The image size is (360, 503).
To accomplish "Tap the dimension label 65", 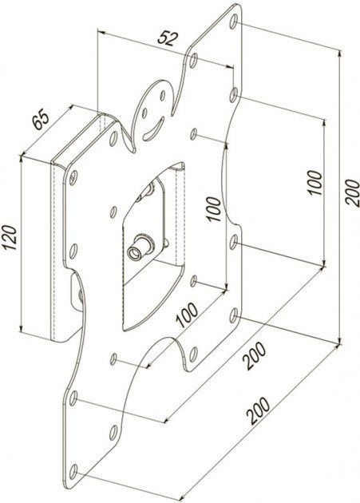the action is coord(42,119).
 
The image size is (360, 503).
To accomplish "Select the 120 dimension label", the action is coord(9,238).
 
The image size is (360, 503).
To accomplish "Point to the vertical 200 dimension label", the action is coord(352,192).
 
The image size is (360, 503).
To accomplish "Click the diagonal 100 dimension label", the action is coord(188,315).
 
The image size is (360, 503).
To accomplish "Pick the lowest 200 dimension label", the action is coord(258,411).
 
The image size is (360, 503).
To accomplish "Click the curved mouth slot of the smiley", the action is coord(154,129).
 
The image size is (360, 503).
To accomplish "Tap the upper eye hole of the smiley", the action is coord(163,95).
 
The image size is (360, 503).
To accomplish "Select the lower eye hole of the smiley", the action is coord(144,113).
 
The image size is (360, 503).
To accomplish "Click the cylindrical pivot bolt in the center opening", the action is coord(140,248).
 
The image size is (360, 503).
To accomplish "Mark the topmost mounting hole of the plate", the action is coord(234,22).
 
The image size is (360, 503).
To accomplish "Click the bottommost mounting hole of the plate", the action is coord(73,472).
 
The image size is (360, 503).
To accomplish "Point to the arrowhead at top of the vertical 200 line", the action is coord(339,53).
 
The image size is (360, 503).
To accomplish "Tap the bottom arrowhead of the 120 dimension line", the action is coord(22,328).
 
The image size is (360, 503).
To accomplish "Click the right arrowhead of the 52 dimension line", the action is coord(229,66).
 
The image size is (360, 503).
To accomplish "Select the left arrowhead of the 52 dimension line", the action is coord(101,32).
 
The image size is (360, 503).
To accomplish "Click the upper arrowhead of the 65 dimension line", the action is coord(70,108).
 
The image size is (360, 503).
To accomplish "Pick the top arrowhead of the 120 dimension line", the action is coord(22,158).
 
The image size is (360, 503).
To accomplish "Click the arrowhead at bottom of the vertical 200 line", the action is coord(339,340).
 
